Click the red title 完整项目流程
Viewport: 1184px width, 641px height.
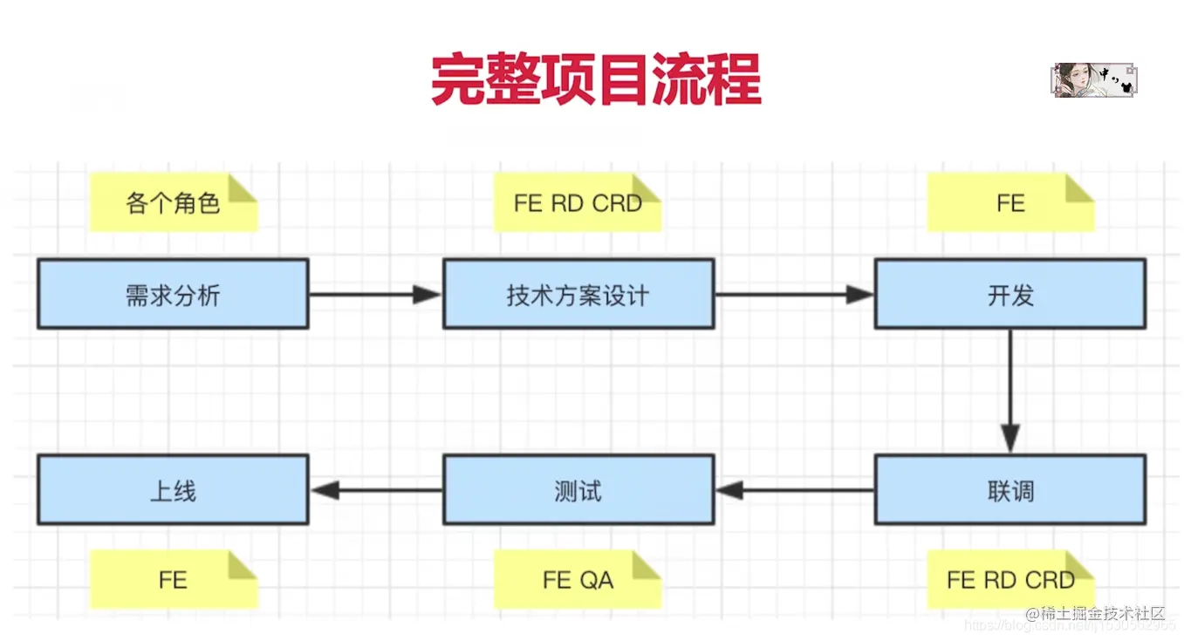[596, 79]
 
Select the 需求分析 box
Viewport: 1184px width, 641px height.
[173, 295]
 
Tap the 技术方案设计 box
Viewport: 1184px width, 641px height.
[578, 295]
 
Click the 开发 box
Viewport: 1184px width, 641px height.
[1009, 295]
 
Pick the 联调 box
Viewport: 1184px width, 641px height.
[1009, 491]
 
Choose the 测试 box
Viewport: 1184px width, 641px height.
[578, 491]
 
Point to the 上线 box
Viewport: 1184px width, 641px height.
[173, 491]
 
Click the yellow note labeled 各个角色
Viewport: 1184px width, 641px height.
[173, 203]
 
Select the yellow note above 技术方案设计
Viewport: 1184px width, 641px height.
[577, 203]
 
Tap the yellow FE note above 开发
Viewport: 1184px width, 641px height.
[1009, 203]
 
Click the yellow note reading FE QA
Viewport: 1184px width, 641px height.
[577, 580]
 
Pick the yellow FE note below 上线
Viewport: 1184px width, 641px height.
[173, 580]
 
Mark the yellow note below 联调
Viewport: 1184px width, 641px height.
[1009, 580]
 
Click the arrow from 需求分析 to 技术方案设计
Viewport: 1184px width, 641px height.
[375, 295]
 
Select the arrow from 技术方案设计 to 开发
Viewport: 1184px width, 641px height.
[794, 295]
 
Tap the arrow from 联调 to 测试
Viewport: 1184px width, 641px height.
[794, 491]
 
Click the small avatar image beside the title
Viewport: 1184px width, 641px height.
[1094, 79]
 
